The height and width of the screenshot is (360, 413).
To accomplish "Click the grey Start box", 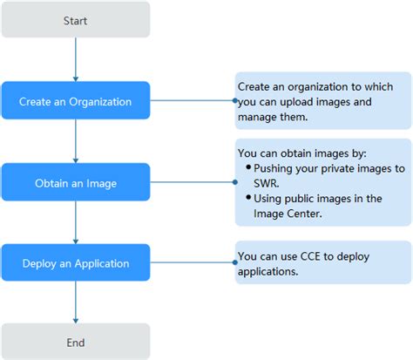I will (x=76, y=19).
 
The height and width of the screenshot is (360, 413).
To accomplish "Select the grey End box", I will (x=76, y=343).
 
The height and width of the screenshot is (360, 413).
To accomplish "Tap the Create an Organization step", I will (x=76, y=101).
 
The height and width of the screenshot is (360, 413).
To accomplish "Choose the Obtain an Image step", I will (x=76, y=182).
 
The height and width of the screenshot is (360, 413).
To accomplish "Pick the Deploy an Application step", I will (x=76, y=263).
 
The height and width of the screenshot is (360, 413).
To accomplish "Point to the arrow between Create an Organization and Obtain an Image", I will (x=76, y=141).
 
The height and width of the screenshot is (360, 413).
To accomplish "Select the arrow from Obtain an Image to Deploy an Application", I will (x=76, y=222).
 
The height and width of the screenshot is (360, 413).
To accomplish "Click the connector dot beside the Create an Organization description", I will (x=236, y=101).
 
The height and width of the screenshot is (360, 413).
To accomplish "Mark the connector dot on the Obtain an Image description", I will (x=236, y=182).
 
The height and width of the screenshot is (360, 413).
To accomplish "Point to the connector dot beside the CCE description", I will (x=236, y=263).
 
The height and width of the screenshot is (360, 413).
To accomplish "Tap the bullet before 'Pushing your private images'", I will (x=249, y=166).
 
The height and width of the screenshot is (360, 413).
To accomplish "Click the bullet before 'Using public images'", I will (x=249, y=198).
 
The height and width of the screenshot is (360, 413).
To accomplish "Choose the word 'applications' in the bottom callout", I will (x=267, y=271).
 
